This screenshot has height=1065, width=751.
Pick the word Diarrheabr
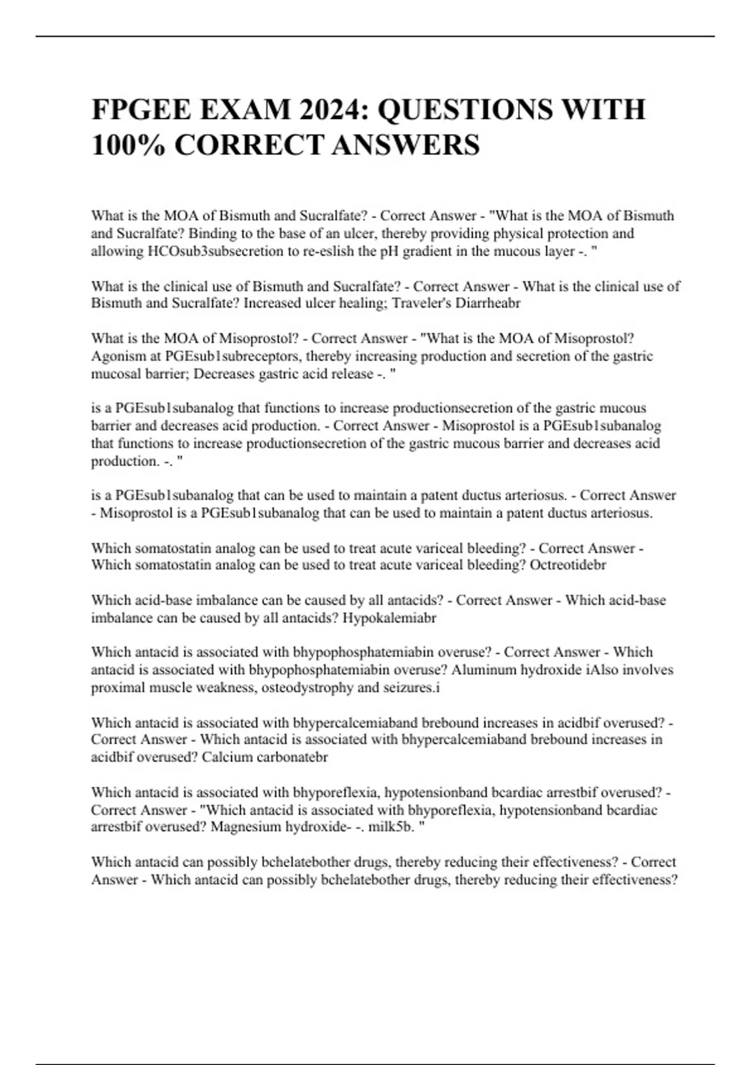489,304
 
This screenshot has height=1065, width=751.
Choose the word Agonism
117,356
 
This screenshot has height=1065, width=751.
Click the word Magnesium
246,827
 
